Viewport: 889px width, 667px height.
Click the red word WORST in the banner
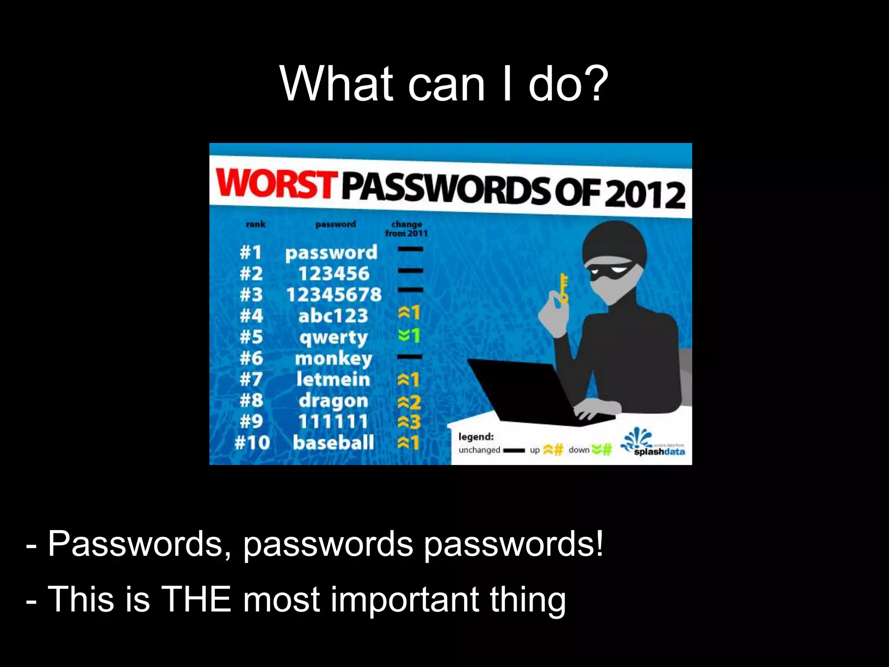277,184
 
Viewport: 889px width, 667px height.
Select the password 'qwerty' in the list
333,337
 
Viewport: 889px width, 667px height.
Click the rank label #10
252,443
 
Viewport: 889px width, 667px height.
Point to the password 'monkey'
333,359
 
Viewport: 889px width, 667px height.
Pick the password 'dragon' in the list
333,401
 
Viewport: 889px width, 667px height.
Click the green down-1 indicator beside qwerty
409,335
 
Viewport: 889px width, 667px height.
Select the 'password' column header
336,224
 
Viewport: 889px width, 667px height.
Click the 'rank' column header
255,224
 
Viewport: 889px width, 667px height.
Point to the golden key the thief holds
563,287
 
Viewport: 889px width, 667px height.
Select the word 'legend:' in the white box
476,436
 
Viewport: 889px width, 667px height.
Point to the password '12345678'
333,295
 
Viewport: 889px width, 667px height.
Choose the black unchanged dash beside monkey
409,357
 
